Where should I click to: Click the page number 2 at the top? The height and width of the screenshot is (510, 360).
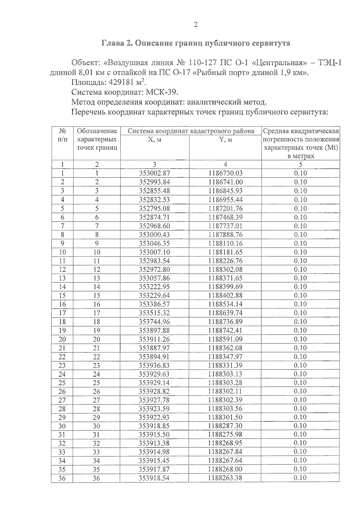[x=196, y=25]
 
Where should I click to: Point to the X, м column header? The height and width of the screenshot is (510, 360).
[x=155, y=140]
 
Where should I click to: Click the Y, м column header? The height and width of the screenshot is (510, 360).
[x=225, y=140]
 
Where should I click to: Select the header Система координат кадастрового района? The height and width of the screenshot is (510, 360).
[x=191, y=131]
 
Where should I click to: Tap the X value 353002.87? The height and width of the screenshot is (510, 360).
[x=154, y=173]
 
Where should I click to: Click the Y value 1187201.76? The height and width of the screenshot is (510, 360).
[x=225, y=208]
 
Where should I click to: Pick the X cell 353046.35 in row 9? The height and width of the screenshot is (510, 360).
[x=154, y=243]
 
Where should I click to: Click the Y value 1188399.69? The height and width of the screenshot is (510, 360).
[x=225, y=287]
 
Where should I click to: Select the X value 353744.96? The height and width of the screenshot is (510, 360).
[x=154, y=322]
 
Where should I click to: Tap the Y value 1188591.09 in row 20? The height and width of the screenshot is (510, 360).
[x=225, y=339]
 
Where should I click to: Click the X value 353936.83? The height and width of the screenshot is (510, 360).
[x=154, y=365]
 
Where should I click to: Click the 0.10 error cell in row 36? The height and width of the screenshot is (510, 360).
[x=300, y=478]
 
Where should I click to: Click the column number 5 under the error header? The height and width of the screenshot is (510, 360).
[x=300, y=164]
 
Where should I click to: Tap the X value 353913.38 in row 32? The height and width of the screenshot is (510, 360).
[x=154, y=443]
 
